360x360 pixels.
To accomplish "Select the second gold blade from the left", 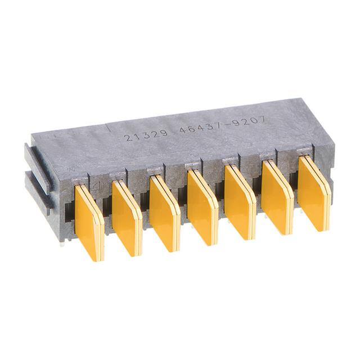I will tap(127, 218).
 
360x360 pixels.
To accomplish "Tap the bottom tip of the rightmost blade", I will tap(320, 228).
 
